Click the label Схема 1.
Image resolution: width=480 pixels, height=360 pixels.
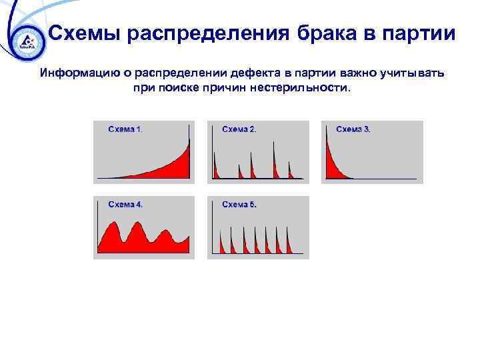tap(125, 129)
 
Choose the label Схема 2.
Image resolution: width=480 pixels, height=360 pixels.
tap(239, 129)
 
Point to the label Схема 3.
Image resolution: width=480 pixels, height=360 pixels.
tap(353, 129)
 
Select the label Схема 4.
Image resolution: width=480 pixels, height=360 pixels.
tap(125, 205)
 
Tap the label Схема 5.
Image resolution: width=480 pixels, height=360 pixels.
tap(239, 205)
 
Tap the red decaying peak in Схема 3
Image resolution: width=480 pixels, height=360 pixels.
tap(331, 163)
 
